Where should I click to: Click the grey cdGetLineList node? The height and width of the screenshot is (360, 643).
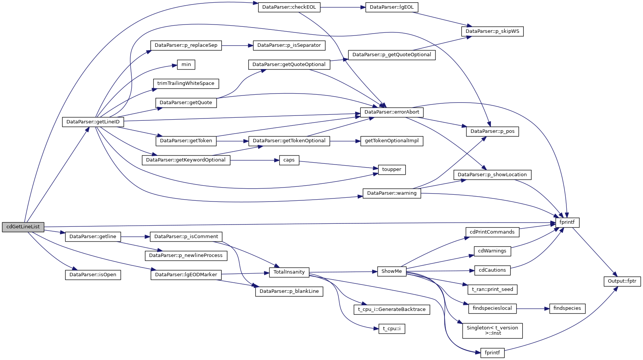point(23,227)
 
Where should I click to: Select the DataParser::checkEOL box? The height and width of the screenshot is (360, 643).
point(289,7)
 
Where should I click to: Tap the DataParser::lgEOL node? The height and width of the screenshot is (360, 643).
point(392,7)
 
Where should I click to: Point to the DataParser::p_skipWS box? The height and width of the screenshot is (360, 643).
point(492,31)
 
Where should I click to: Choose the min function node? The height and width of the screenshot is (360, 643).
point(186,65)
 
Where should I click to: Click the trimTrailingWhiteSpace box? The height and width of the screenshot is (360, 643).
point(186,83)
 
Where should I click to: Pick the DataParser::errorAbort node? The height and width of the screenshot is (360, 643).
point(392,112)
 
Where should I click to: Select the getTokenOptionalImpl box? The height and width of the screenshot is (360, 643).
point(392,141)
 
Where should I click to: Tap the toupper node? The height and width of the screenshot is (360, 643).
point(392,169)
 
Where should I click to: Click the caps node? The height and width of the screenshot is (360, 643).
point(289,160)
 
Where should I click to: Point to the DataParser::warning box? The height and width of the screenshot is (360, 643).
point(392,193)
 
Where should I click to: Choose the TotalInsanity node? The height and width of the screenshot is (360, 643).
point(289,272)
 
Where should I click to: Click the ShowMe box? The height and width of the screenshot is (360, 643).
point(392,271)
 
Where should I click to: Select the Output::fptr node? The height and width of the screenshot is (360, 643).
point(622,281)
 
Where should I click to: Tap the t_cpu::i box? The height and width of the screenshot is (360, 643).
point(392,329)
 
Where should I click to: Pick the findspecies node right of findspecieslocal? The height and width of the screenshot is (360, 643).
point(567,308)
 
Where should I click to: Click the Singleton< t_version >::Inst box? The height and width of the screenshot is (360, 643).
point(492,331)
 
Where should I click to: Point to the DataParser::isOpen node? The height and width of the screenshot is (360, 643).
point(93,275)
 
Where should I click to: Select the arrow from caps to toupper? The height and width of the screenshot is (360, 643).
point(338,165)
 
